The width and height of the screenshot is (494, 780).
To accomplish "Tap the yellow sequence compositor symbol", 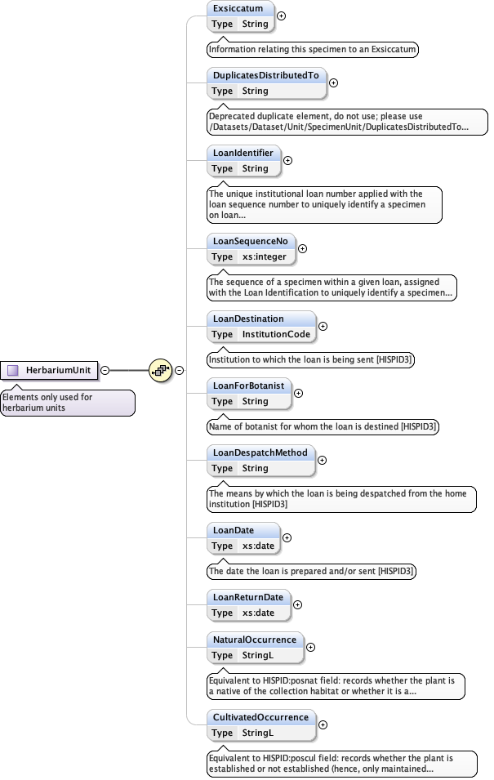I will pos(161,370).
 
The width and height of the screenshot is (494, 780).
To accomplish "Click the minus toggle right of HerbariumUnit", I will pos(105,370).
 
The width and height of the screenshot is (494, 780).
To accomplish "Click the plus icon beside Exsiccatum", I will pos(282,16).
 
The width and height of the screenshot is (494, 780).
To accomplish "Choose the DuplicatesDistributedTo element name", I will pos(265,75).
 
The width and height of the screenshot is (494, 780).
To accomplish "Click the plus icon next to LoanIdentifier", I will pos(287,160).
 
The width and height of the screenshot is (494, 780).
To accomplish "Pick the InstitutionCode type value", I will pos(276,335).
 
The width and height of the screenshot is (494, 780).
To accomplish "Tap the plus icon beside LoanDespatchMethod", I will pos(322,460).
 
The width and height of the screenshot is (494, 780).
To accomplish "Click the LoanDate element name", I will pos(233,531).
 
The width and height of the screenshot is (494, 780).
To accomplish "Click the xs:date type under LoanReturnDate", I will pos(258,613).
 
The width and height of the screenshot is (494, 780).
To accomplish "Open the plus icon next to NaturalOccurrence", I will pos(310,648).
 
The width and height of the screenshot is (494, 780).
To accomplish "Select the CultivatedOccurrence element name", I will pos(260,717).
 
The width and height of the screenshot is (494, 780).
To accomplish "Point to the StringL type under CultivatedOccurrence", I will pos(258,733).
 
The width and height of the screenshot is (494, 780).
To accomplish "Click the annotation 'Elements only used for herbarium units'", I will pos(67,403).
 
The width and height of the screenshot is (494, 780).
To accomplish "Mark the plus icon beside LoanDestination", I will pos(323,326).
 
